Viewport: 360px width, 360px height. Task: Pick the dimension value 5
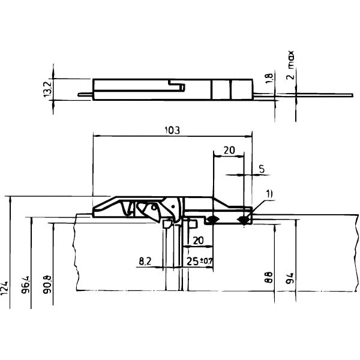pyautogui.click(x=262, y=170)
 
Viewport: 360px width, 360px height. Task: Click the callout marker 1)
pyautogui.click(x=269, y=193)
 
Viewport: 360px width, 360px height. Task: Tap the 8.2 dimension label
pyautogui.click(x=145, y=261)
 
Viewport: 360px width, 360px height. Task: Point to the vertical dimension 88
pyautogui.click(x=269, y=278)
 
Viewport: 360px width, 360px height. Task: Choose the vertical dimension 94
pyautogui.click(x=290, y=278)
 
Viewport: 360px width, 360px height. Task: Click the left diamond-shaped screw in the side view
pyautogui.click(x=211, y=220)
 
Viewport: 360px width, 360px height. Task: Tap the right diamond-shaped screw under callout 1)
pyautogui.click(x=242, y=220)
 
